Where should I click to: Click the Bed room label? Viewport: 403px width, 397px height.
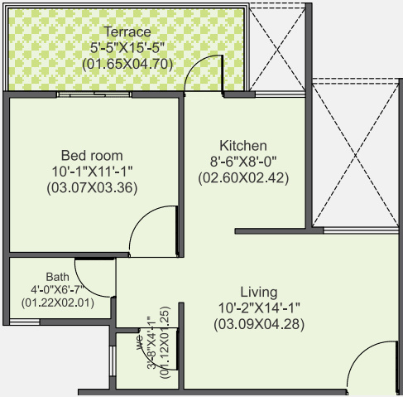click(92, 155)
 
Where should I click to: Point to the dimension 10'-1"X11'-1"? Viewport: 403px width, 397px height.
click(92, 171)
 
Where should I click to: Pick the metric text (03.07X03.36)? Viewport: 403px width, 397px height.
click(92, 186)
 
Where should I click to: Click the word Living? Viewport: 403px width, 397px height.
click(258, 292)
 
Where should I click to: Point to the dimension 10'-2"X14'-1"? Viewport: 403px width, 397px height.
click(258, 307)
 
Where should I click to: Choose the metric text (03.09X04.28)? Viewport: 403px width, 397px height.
click(258, 323)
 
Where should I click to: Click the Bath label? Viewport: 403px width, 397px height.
click(57, 276)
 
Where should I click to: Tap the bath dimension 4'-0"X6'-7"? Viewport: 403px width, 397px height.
click(57, 289)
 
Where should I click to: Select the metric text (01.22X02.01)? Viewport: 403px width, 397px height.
click(57, 303)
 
